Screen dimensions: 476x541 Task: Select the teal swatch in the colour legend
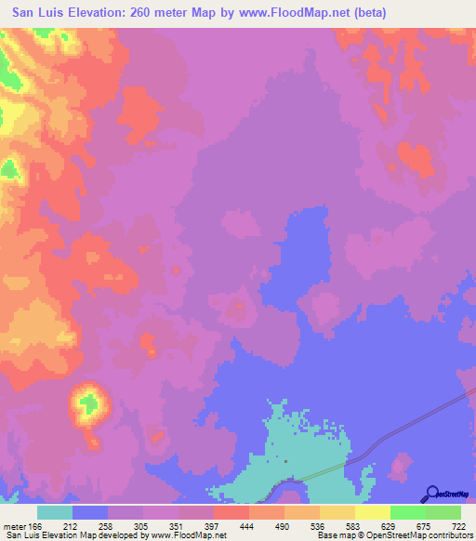point(55,512)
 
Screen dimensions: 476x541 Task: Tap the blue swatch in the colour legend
point(90,512)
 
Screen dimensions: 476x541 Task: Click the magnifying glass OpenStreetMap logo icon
point(432,493)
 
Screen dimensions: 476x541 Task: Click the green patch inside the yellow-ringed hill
point(89,403)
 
